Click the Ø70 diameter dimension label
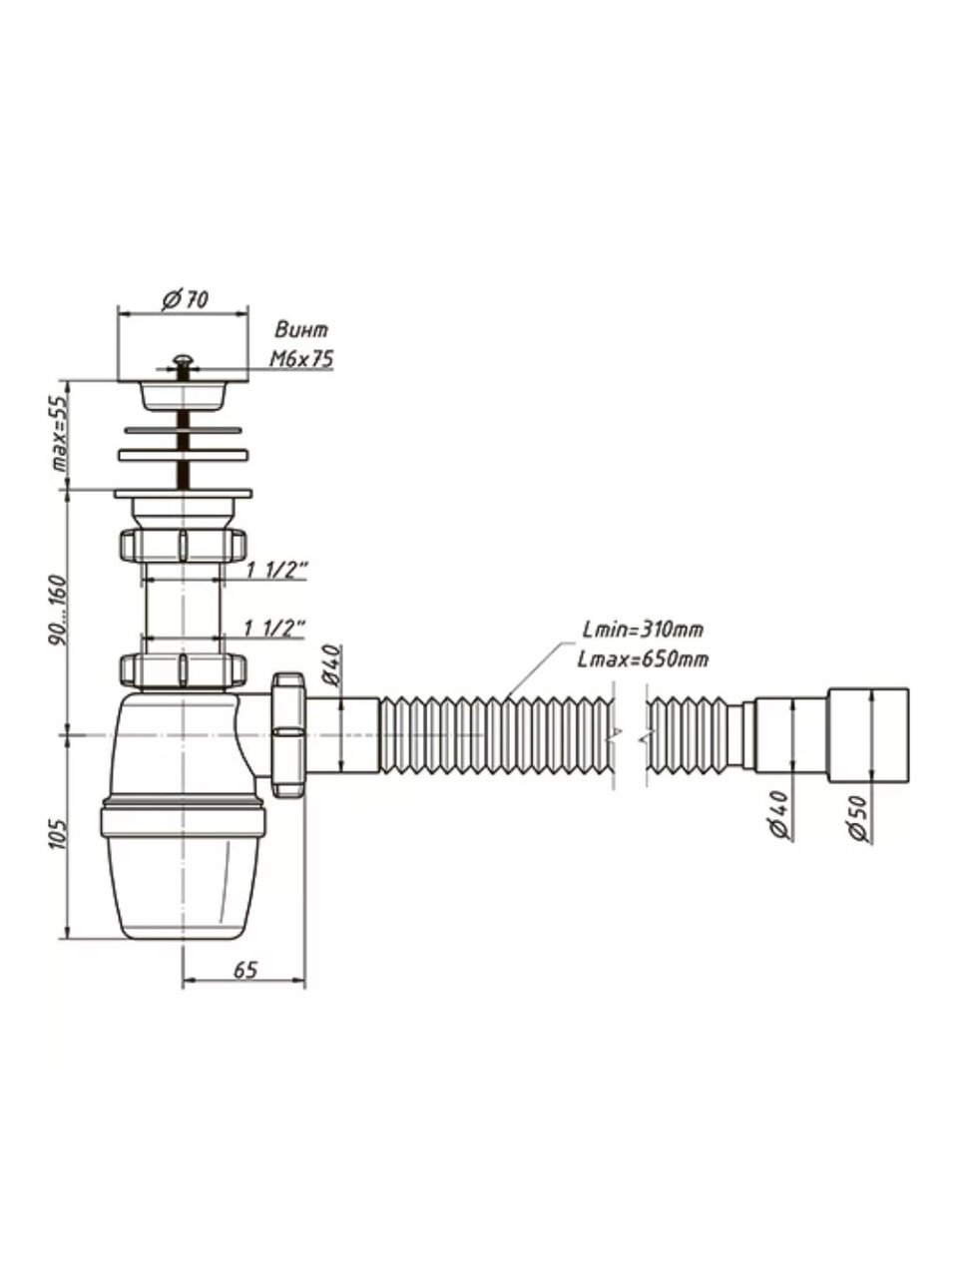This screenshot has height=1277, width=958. tap(185, 300)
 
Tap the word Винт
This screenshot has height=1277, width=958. tap(301, 330)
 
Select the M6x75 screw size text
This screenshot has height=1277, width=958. tap(301, 359)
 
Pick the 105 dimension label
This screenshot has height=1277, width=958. tap(60, 835)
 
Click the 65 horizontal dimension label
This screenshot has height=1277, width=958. tap(244, 970)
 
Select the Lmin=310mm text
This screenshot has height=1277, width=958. tap(643, 631)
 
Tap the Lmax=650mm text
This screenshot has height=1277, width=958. tap(643, 659)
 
